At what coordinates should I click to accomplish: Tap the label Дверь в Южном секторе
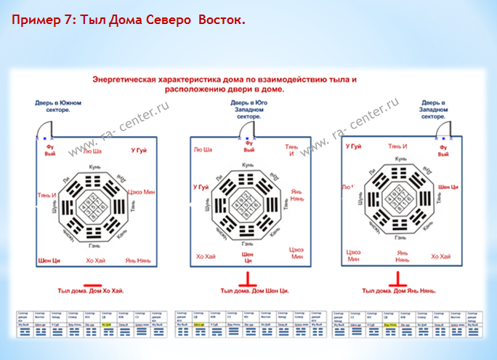click(x=58, y=107)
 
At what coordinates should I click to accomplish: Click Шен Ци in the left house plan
click(x=49, y=260)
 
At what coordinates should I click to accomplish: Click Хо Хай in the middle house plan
click(x=206, y=257)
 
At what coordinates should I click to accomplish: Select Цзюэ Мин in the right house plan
click(x=354, y=257)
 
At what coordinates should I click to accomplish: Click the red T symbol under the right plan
click(x=397, y=279)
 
